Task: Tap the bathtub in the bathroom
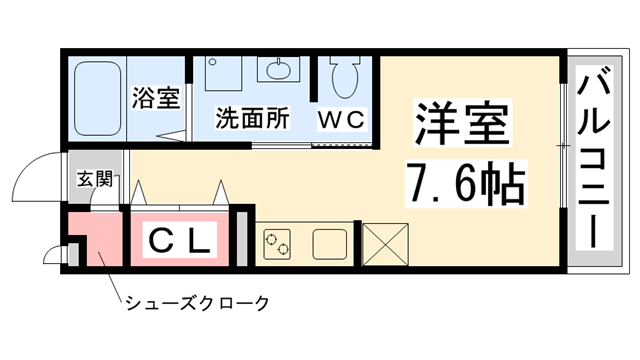pyautogui.click(x=97, y=97)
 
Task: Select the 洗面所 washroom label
pyautogui.click(x=253, y=118)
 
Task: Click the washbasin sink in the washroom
pyautogui.click(x=276, y=70)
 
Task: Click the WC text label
pyautogui.click(x=343, y=119)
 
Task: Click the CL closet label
pyautogui.click(x=183, y=240)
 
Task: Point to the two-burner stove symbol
pyautogui.click(x=276, y=243)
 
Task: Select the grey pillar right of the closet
pyautogui.click(x=239, y=240)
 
